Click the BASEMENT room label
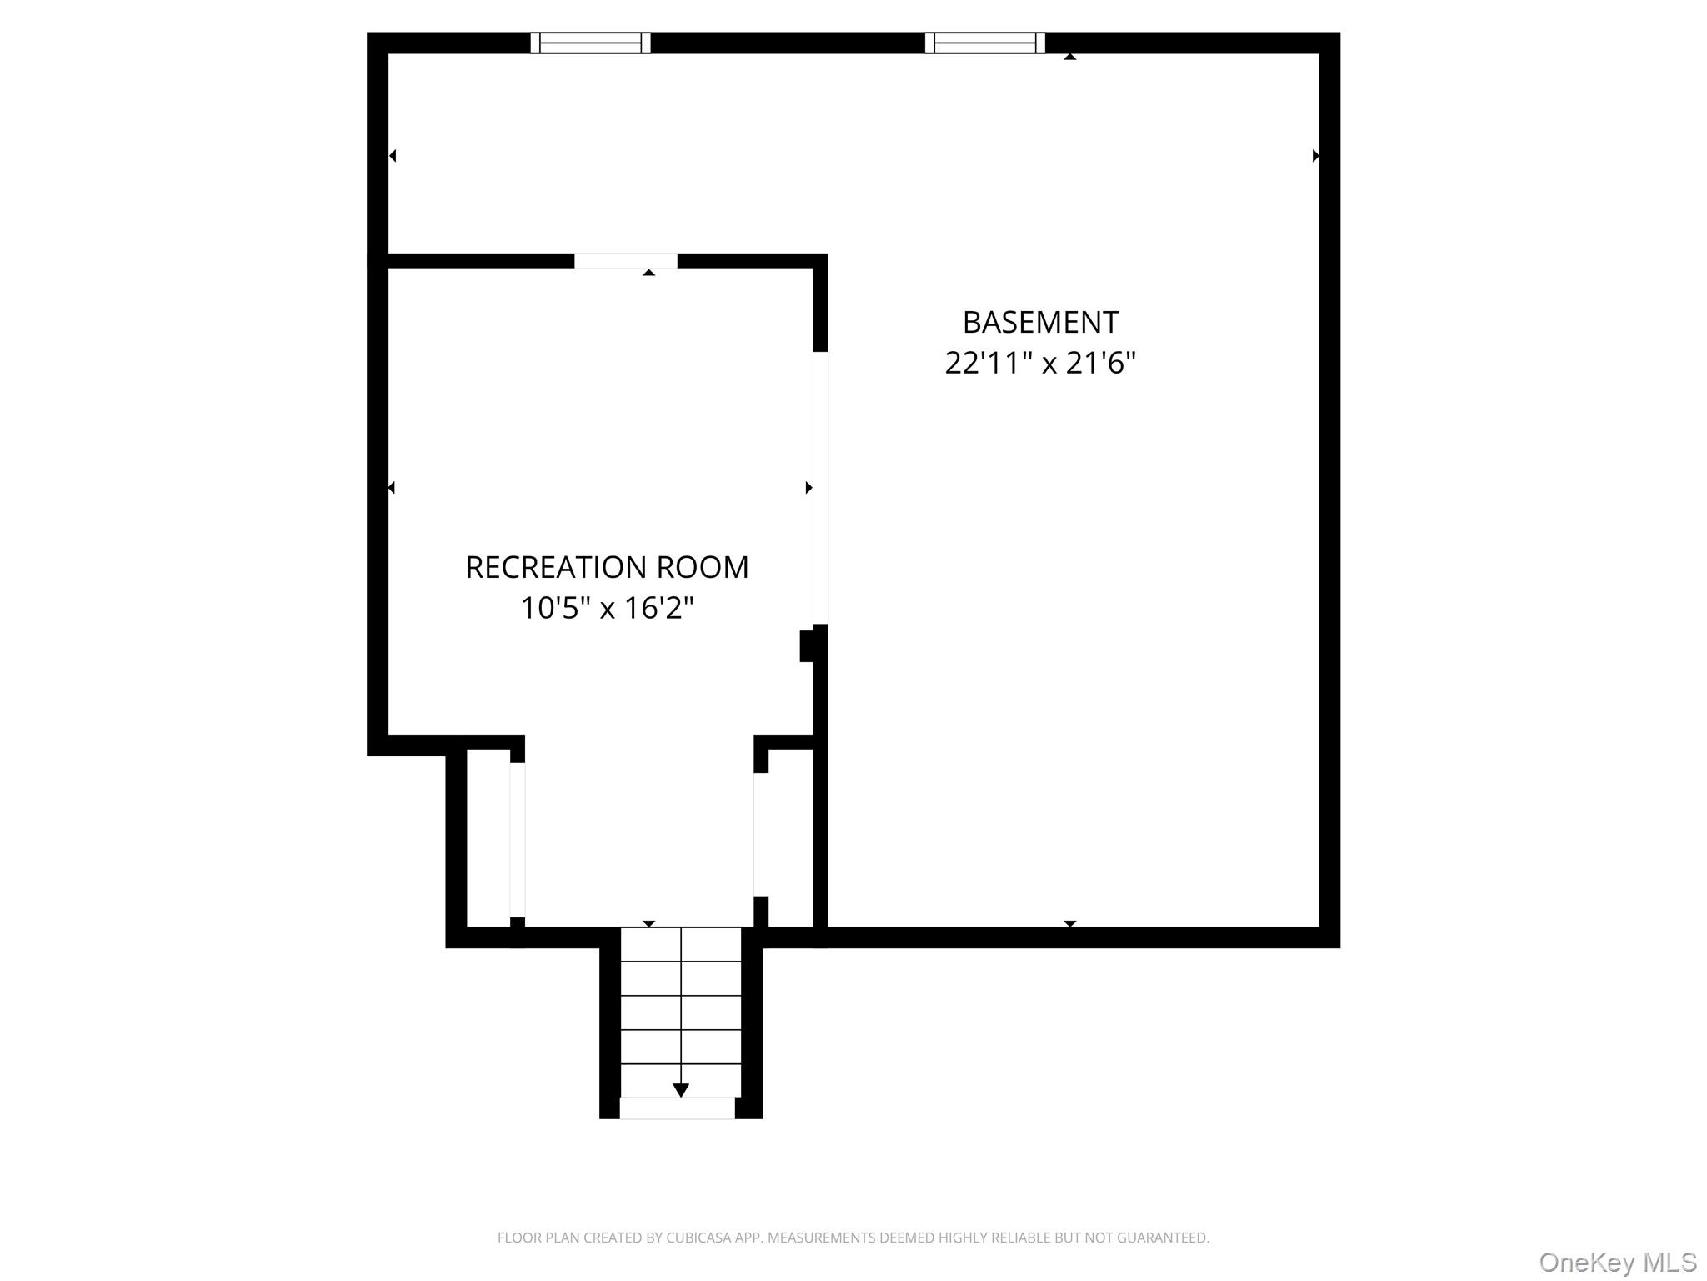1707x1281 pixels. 1040,322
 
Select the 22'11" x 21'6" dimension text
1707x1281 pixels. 1040,363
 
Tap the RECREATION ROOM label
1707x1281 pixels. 607,567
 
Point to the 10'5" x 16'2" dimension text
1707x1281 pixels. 607,608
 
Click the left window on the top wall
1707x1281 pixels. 590,43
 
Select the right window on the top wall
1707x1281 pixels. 984,43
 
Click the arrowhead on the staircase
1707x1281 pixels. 681,1090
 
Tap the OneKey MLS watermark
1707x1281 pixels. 1618,1262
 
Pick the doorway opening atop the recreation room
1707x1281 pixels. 625,261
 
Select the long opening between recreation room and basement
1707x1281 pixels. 820,488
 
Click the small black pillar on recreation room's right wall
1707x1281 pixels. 807,646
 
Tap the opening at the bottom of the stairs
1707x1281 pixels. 677,1108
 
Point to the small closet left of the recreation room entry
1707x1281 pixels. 488,837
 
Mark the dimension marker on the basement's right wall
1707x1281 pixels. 1315,156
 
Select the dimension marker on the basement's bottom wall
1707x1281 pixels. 1070,923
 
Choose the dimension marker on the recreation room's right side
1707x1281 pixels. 808,488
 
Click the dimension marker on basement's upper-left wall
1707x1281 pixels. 393,156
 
